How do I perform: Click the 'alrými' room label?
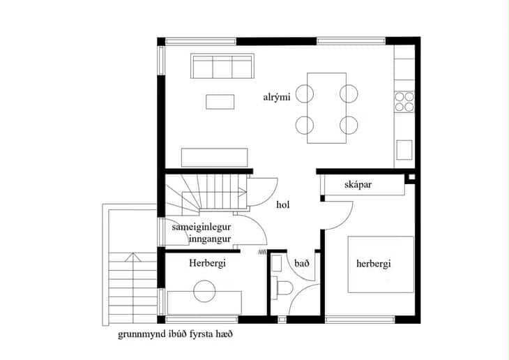(277, 97)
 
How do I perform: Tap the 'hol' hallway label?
(283, 204)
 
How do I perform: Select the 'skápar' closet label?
(358, 185)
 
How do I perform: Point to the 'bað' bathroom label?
(302, 263)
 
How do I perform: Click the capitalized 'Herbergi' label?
(207, 263)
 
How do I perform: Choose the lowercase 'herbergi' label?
(373, 264)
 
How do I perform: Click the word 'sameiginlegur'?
(202, 227)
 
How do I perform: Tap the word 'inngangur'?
(210, 239)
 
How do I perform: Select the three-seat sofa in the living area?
(222, 66)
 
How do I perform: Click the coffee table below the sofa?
(220, 102)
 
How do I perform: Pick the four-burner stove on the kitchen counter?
(404, 102)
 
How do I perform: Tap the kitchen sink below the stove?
(404, 150)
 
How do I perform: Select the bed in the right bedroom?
(381, 264)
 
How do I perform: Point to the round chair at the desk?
(204, 292)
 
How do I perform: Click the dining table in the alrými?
(326, 108)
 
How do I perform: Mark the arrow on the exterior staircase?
(132, 257)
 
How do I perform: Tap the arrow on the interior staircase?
(242, 192)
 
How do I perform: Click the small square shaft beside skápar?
(411, 177)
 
